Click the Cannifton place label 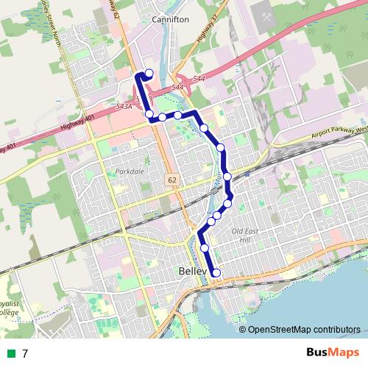(x=171, y=20)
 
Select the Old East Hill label (x=241, y=236)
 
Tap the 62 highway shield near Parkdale (x=171, y=179)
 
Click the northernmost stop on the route (x=149, y=73)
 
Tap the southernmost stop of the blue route (x=216, y=273)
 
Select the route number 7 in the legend (x=25, y=353)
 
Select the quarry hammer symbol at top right (x=263, y=13)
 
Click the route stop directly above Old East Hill (x=228, y=203)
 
